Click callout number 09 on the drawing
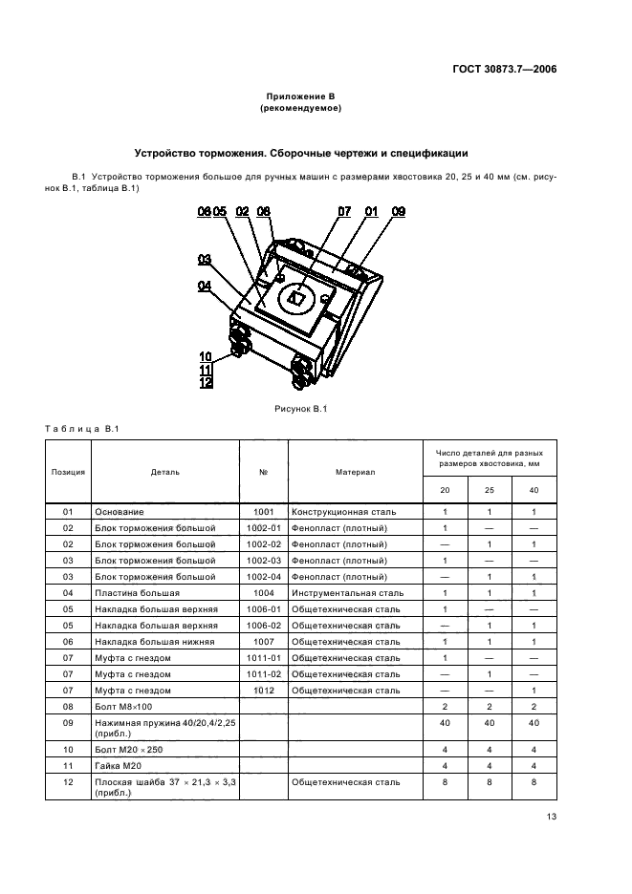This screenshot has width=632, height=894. pyautogui.click(x=399, y=211)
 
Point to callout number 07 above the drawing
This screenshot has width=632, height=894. pyautogui.click(x=344, y=211)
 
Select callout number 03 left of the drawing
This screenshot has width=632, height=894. pyautogui.click(x=205, y=259)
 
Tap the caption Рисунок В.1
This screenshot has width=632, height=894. pyautogui.click(x=301, y=410)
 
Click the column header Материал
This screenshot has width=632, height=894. pyautogui.click(x=355, y=471)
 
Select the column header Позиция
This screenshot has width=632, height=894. pyautogui.click(x=68, y=471)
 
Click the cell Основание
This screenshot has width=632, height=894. pyautogui.click(x=119, y=512)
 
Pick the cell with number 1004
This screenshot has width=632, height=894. pyautogui.click(x=264, y=592)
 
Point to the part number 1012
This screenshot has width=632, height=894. pyautogui.click(x=264, y=689)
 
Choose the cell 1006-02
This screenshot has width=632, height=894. pyautogui.click(x=264, y=625)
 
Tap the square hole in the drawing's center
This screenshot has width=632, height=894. pyautogui.click(x=297, y=298)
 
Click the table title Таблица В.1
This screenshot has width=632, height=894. pyautogui.click(x=81, y=428)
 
